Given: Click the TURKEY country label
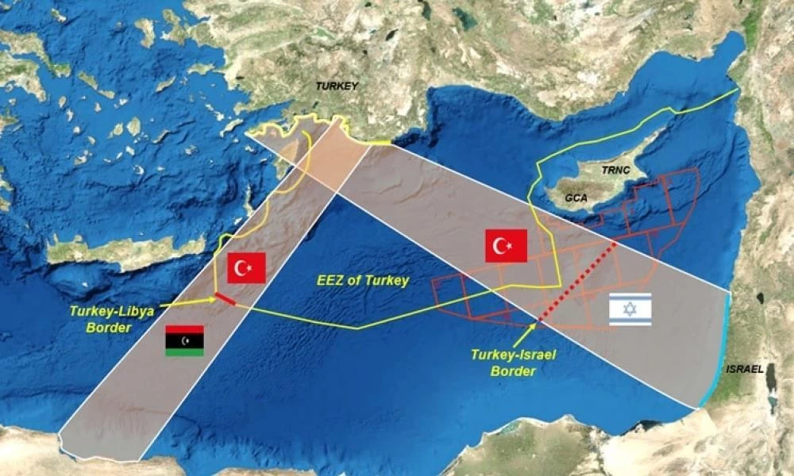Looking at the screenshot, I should (337, 86).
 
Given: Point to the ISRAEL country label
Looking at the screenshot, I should (744, 370).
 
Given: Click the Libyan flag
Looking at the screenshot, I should (184, 340).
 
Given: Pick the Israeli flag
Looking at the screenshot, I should (630, 309).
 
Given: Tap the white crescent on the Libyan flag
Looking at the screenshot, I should (185, 340).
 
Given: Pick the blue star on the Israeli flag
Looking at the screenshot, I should (630, 309).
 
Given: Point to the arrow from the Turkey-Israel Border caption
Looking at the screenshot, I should (525, 334).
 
